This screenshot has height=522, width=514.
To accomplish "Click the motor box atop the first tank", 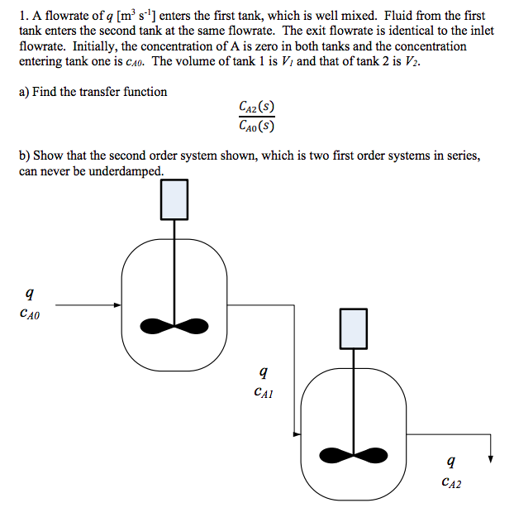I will [174, 199].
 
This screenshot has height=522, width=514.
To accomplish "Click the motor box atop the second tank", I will [353, 328].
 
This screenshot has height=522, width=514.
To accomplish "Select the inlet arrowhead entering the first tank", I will [117, 305].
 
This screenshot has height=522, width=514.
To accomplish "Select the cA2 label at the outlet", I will [452, 482].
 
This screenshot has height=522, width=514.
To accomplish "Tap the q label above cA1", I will [263, 372].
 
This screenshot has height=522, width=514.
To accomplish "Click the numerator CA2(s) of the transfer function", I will [256, 108].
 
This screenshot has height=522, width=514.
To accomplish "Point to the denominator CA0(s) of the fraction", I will [256, 126].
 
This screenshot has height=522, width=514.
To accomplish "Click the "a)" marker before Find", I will [24, 92].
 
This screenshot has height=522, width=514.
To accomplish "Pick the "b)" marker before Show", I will [25, 156].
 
